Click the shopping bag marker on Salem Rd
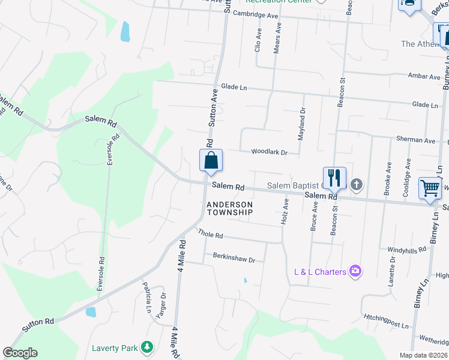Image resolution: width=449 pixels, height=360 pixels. pyautogui.click(x=211, y=161)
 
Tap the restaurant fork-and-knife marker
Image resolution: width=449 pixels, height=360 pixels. pyautogui.click(x=334, y=178)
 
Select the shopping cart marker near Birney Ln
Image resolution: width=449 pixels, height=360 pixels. pyautogui.click(x=430, y=188)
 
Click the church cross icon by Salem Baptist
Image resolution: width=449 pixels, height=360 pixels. pyautogui.click(x=357, y=184)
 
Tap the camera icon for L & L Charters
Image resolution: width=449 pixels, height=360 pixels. pyautogui.click(x=355, y=272)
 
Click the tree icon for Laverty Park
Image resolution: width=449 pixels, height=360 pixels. pyautogui.click(x=146, y=347)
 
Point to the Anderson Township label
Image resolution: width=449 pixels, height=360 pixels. pyautogui.click(x=230, y=208)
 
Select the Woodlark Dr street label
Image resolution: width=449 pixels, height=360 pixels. pyautogui.click(x=270, y=152)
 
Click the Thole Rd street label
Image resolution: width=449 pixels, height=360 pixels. pyautogui.click(x=211, y=235)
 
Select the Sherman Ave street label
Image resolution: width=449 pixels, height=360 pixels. pyautogui.click(x=415, y=140)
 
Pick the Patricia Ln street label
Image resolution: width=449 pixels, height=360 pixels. pyautogui.click(x=146, y=293)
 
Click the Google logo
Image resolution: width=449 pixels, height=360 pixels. pyautogui.click(x=20, y=353)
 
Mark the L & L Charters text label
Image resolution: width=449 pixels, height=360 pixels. pyautogui.click(x=320, y=272)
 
